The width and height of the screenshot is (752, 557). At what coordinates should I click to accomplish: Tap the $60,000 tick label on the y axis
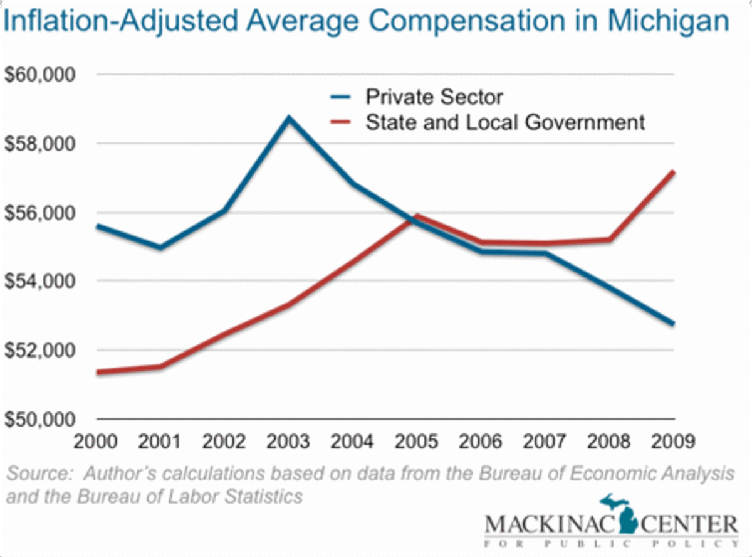39,75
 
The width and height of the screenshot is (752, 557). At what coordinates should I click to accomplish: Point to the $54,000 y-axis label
39,281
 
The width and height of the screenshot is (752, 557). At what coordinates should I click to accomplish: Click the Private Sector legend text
434,97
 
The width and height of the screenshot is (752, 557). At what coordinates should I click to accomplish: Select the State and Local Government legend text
505,122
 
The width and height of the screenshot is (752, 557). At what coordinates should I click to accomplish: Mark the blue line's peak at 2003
289,117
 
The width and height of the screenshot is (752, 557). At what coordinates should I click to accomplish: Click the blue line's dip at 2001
161,248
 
